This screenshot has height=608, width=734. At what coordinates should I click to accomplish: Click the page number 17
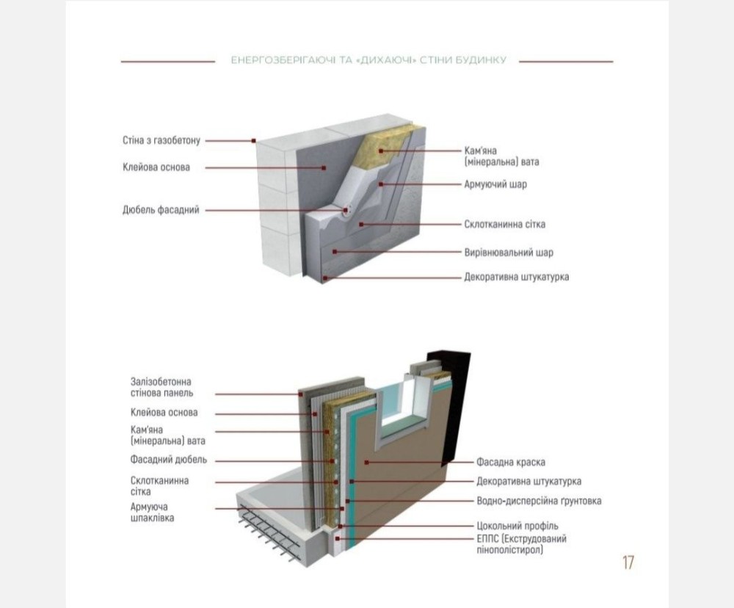point(628,562)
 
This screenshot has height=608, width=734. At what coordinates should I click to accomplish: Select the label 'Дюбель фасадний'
point(161,210)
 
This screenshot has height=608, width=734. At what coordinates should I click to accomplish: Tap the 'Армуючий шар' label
point(495,184)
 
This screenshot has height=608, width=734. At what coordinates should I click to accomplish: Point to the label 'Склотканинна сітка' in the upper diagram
point(505,224)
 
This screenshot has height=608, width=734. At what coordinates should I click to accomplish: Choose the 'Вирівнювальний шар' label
point(509,253)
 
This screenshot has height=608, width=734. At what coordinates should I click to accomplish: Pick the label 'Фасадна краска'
point(510,462)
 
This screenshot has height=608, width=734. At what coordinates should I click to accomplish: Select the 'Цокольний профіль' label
point(517,526)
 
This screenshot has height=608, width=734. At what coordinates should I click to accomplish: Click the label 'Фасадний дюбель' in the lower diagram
point(168,460)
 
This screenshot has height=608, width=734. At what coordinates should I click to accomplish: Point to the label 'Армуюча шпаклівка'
point(153,513)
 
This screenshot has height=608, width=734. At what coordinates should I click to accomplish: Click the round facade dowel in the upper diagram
point(347,209)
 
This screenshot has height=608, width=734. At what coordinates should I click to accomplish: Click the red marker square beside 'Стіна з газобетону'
point(253,140)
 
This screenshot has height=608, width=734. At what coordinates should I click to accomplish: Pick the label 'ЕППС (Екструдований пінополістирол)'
point(521,544)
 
